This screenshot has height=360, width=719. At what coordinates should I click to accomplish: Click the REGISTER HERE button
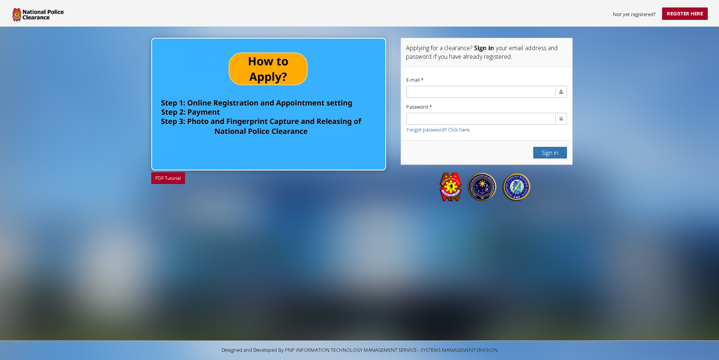(x=685, y=14)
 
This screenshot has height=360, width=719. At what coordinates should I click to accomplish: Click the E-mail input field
(x=480, y=92)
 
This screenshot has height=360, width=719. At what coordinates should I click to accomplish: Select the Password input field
(x=480, y=119)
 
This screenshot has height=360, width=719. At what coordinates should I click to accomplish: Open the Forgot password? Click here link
(x=438, y=130)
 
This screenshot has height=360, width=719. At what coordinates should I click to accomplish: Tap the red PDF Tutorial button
(x=168, y=178)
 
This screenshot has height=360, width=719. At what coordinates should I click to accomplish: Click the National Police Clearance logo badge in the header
(x=17, y=15)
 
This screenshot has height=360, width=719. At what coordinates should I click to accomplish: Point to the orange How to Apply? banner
(x=268, y=69)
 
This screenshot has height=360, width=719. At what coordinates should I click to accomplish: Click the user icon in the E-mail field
(x=561, y=92)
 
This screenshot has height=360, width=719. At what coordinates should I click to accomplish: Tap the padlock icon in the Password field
(x=561, y=119)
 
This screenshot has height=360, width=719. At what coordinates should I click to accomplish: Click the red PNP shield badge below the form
(x=450, y=187)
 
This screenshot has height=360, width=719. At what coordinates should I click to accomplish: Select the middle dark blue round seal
(x=482, y=187)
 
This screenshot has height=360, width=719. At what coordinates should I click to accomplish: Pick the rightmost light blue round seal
(x=516, y=187)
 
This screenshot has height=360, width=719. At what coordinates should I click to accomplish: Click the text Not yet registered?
(x=634, y=15)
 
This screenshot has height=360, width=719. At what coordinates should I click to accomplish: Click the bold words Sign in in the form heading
(x=484, y=48)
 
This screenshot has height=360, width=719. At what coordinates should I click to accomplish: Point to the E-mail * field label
(x=415, y=80)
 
